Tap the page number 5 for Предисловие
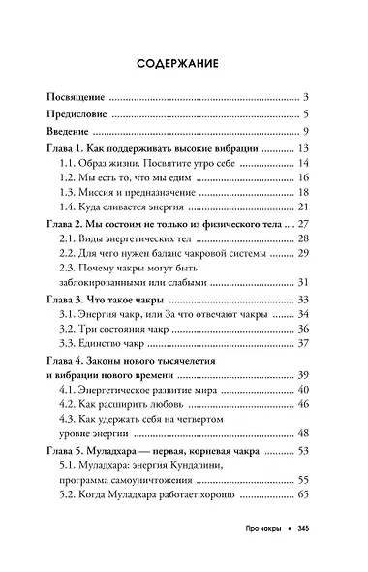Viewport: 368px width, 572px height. tap(304, 115)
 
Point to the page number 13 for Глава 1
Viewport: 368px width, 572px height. tap(301, 148)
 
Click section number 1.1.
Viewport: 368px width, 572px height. tap(69, 163)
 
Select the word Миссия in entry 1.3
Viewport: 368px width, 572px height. tap(110, 192)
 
